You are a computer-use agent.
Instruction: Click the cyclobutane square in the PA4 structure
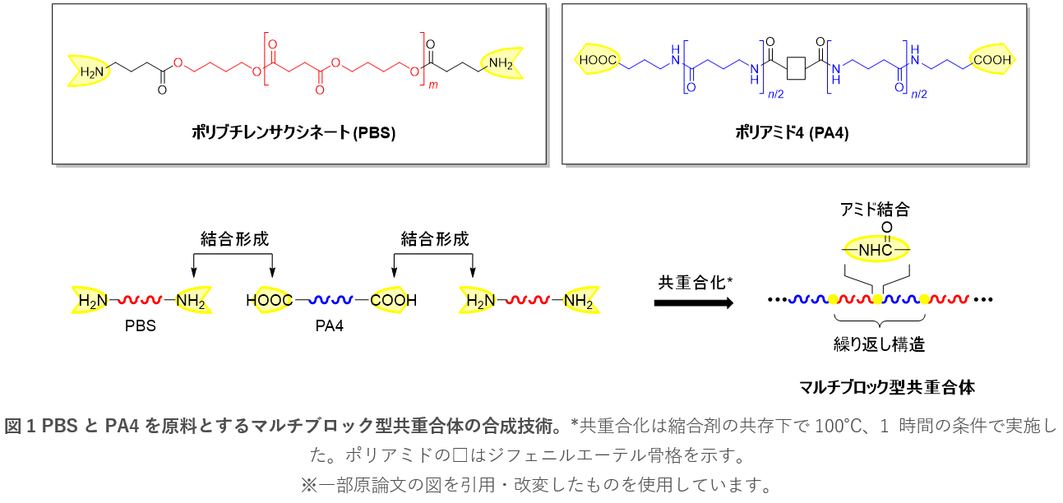click(x=796, y=68)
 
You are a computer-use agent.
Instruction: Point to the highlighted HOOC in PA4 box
click(x=599, y=60)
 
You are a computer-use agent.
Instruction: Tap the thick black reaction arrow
click(x=693, y=302)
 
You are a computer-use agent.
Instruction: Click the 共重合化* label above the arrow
click(x=695, y=282)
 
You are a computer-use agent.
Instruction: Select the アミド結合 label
click(x=876, y=210)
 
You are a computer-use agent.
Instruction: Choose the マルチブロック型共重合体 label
click(x=887, y=386)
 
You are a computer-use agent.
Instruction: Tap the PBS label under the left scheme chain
click(x=140, y=326)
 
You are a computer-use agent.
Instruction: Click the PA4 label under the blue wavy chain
click(x=330, y=326)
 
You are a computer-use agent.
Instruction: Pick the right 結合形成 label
click(x=435, y=239)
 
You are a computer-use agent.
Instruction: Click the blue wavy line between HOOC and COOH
click(x=331, y=301)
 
